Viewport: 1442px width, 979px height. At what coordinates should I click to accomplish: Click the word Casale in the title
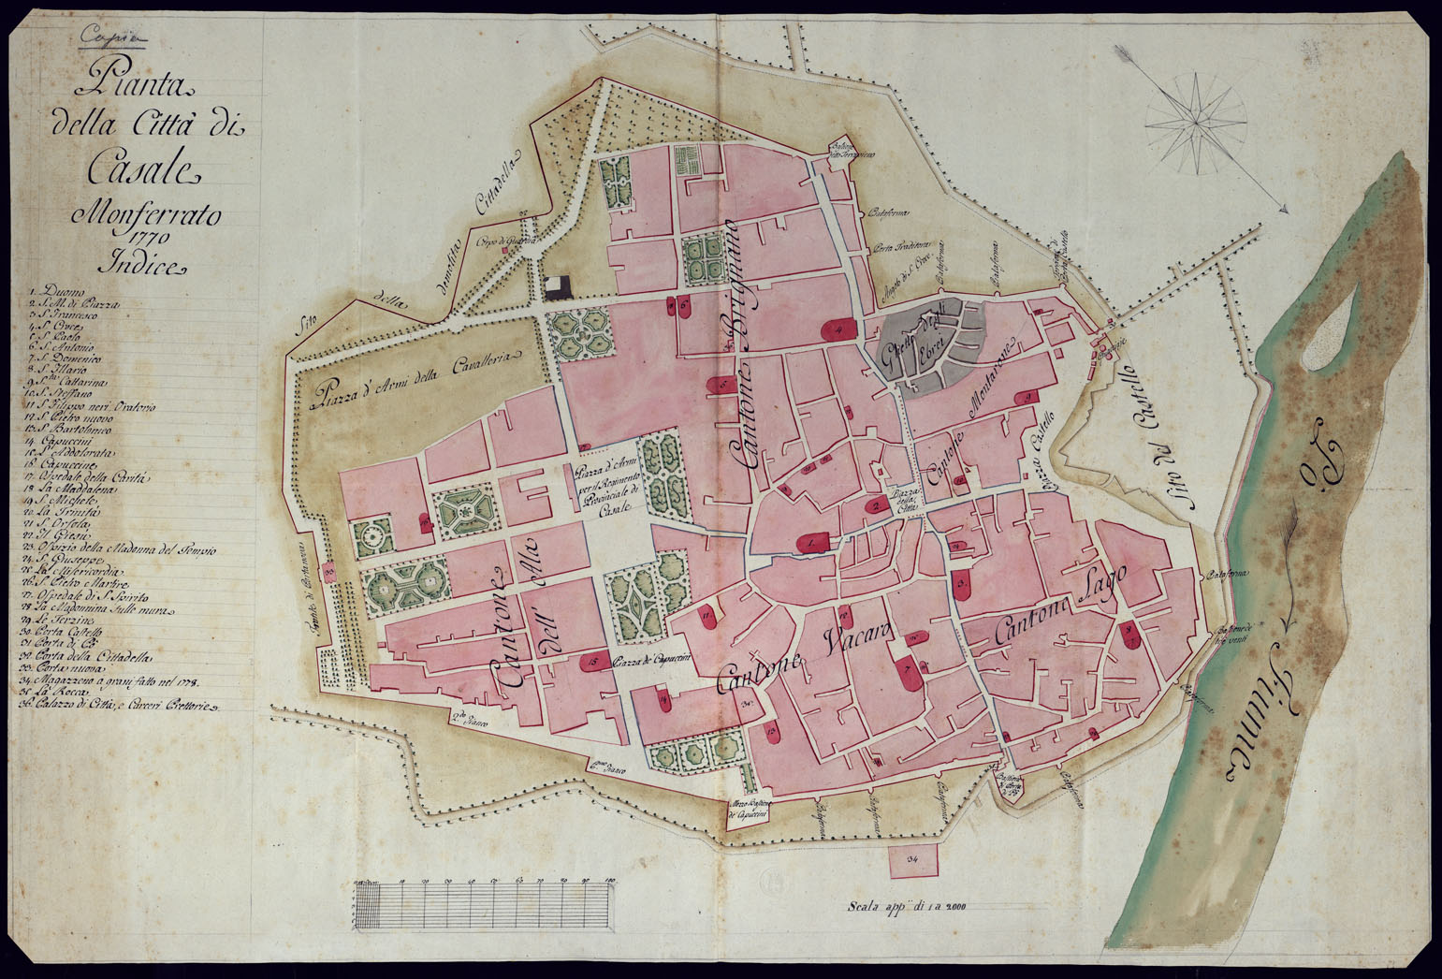tap(143, 168)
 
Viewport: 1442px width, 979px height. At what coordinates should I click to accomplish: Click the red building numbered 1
tap(812, 541)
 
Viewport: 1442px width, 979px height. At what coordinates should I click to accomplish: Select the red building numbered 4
tap(839, 329)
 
